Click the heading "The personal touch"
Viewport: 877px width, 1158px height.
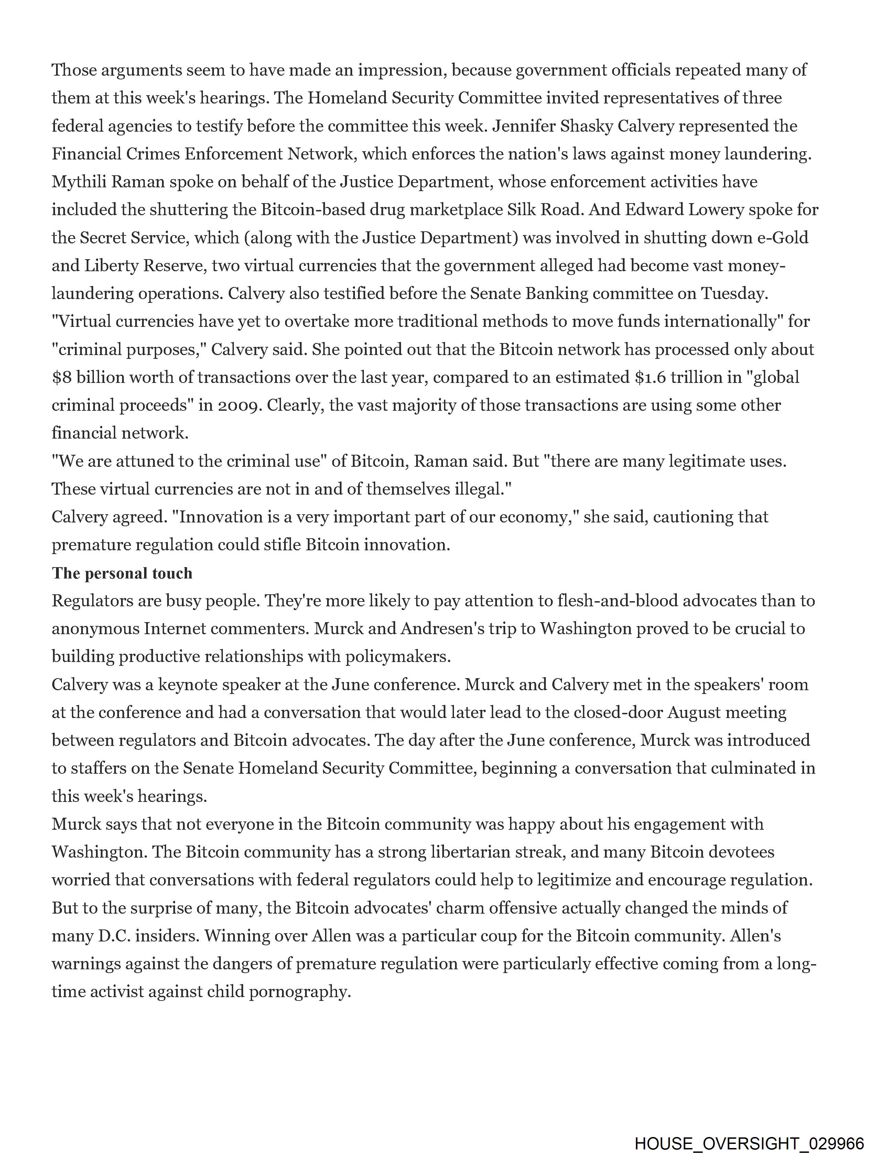pos(122,573)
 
